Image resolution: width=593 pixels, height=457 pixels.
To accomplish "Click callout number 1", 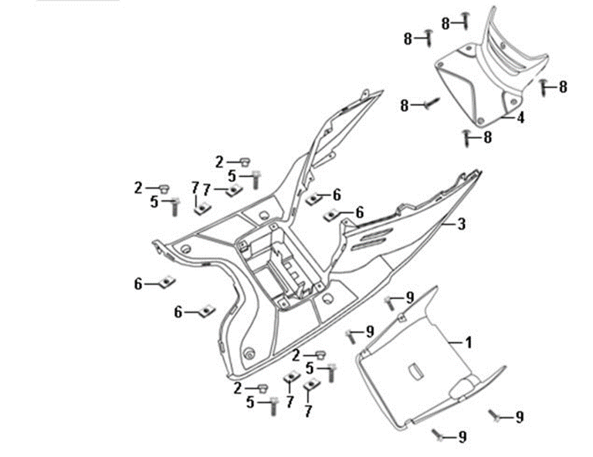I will (468, 340).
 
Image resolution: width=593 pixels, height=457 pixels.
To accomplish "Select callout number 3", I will (462, 225).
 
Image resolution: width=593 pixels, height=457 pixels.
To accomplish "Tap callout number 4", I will (521, 118).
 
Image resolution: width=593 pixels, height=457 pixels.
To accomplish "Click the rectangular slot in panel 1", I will (416, 371).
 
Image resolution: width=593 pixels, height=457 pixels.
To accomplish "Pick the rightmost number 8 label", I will (563, 87).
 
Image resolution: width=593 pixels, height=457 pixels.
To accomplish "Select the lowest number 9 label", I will (462, 438).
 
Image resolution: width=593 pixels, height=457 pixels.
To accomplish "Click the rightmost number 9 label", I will (520, 417).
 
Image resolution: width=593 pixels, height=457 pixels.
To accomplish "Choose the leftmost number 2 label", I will (137, 188).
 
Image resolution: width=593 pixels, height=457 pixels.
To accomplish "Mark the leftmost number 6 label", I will (138, 284).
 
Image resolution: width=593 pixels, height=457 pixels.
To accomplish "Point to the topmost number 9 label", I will (411, 298).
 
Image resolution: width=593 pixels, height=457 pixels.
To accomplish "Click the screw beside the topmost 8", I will (465, 19).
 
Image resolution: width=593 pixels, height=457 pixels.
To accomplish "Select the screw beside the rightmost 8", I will (544, 86).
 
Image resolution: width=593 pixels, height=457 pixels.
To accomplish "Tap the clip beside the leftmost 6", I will (164, 282).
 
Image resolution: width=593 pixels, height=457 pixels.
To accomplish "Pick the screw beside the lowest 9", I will (439, 435).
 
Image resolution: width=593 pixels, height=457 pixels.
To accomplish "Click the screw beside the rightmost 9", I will (494, 415).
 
